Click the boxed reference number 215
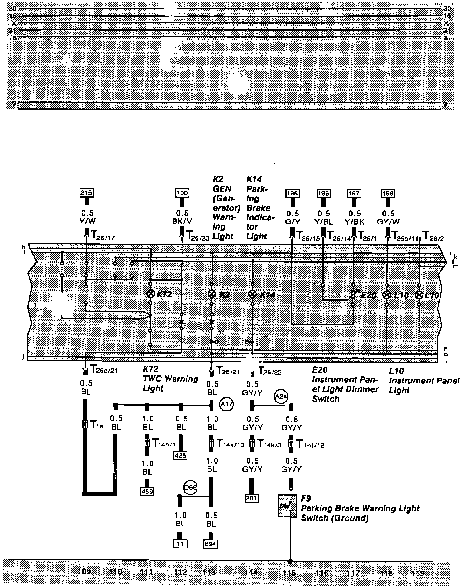point(87,193)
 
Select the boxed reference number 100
point(182,193)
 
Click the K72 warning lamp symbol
point(151,294)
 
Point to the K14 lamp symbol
point(252,294)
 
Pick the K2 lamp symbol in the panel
point(212,294)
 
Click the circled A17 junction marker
point(226,404)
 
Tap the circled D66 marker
point(190,487)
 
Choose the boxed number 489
point(147,491)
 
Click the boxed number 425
point(180,455)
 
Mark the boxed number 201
point(252,497)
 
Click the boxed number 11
point(180,544)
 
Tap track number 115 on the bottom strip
point(290,573)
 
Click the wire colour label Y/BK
point(354,222)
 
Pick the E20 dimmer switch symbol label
point(368,295)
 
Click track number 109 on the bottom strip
point(85,572)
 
